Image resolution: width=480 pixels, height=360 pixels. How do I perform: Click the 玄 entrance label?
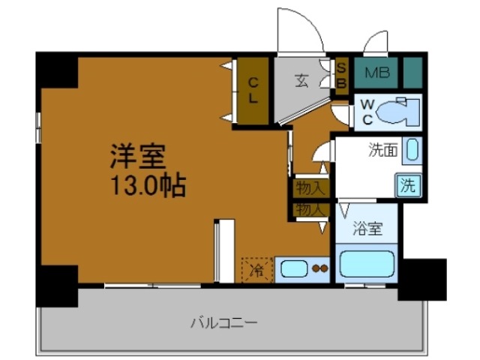point(301,80)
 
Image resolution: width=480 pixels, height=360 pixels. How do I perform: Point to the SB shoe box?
point(340,73)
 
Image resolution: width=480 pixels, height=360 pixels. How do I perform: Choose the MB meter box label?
point(376,73)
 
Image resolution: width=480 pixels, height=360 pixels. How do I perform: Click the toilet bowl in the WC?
point(395,112)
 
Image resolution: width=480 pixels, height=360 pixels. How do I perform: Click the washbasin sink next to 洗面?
point(412,150)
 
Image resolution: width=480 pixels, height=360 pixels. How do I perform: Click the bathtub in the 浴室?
point(367,265)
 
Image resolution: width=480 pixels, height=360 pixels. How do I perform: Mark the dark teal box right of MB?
point(412,73)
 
